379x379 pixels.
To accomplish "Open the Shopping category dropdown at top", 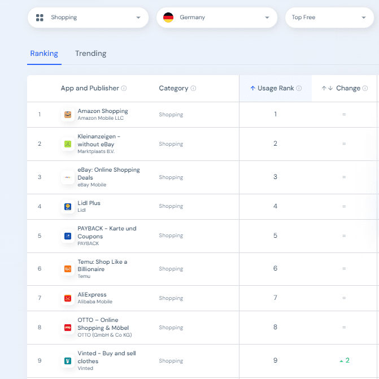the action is (88, 18).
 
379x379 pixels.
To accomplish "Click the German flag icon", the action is (168, 18).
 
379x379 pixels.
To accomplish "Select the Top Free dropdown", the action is (329, 18).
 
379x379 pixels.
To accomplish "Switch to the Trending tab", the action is (90, 54).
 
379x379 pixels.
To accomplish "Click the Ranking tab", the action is (44, 54).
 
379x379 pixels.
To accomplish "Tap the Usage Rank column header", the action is (276, 88).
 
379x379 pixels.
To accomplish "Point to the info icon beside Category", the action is (193, 88).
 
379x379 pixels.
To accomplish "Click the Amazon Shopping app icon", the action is (68, 115).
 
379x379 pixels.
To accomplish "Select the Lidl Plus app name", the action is (89, 203).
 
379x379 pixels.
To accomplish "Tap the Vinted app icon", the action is (68, 361).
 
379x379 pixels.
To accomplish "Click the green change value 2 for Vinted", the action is (345, 360).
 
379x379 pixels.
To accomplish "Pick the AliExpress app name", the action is (92, 295).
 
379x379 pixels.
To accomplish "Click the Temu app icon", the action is (68, 269).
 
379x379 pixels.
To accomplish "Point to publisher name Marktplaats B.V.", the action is (96, 151).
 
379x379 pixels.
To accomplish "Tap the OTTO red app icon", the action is (68, 328).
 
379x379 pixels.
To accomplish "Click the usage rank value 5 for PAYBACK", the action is (275, 236).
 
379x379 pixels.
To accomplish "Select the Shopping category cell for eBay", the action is (171, 177).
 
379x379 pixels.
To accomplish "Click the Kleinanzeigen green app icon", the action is (68, 144).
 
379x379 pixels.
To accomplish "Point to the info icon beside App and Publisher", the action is (124, 88).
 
